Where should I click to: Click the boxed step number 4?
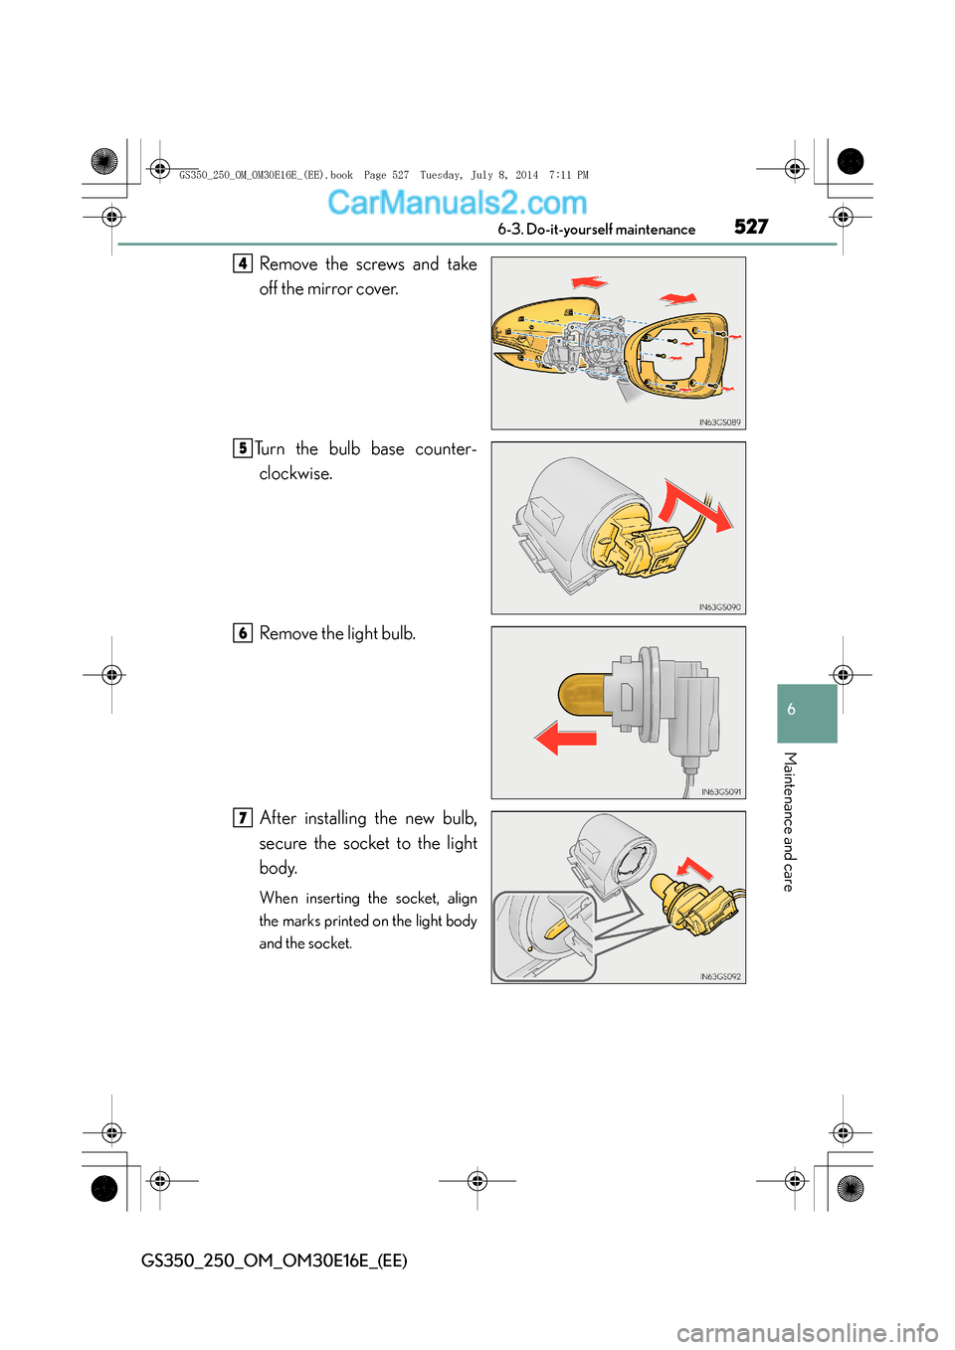coord(243,263)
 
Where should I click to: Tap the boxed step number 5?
coord(243,448)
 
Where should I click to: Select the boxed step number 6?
coord(243,633)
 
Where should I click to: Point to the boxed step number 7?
coord(243,818)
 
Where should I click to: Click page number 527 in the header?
coord(751,227)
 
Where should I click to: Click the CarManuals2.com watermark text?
coord(457,203)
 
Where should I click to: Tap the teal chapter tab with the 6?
coord(807,712)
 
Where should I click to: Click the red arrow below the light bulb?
coord(566,739)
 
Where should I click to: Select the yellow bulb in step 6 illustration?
coord(584,693)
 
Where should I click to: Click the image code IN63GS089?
coord(719,422)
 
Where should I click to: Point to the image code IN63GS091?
coord(720,792)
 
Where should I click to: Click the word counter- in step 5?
coord(446,448)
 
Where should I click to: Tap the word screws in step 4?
coord(380,263)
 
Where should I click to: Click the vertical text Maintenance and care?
coord(789,821)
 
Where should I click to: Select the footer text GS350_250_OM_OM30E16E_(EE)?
coord(274,1260)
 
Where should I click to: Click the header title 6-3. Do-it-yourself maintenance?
coord(596,230)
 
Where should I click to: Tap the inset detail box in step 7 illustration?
coord(544,936)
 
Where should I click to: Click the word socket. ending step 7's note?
coord(331,943)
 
